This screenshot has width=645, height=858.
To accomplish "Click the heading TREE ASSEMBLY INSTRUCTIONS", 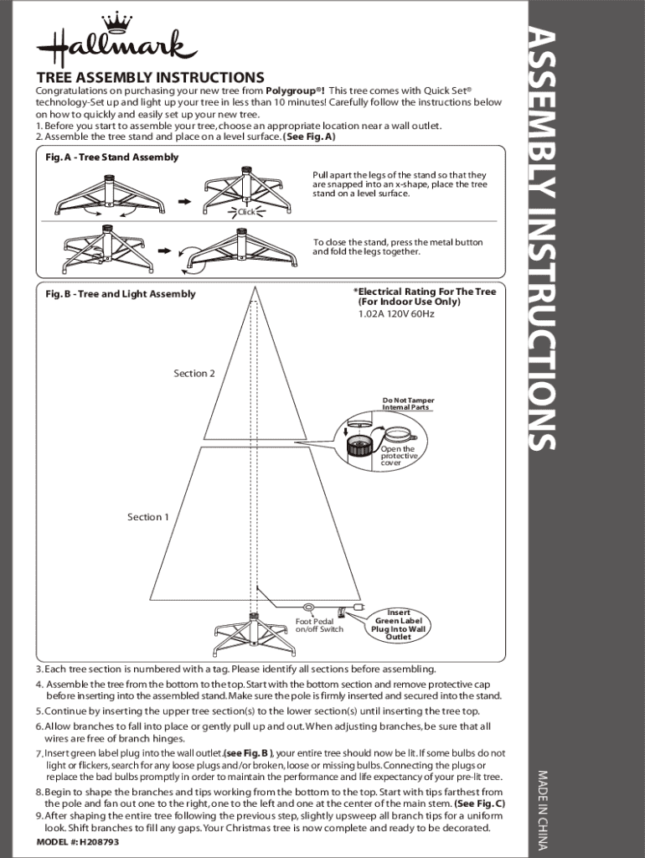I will click(x=150, y=77).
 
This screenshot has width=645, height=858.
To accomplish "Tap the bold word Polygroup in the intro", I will click(x=293, y=90).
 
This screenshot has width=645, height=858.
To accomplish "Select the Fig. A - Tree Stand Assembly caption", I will click(x=111, y=157).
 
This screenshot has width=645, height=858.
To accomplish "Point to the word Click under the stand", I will click(x=246, y=212).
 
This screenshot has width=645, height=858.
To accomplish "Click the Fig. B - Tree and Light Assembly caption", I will click(x=120, y=294).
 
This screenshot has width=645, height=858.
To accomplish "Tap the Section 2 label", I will click(x=194, y=373).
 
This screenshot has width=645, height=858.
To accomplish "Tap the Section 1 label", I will click(x=148, y=517).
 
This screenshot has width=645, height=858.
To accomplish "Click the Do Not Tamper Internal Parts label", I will click(x=408, y=404).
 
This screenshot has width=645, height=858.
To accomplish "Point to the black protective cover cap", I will click(x=360, y=445).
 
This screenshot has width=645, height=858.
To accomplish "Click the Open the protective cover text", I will click(x=398, y=456).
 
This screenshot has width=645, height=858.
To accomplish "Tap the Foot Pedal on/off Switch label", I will click(x=319, y=625).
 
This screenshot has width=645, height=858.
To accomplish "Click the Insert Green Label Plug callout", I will click(x=398, y=625).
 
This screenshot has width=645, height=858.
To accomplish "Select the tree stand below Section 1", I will click(x=253, y=635).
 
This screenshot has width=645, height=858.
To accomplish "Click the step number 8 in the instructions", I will click(x=39, y=792).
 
